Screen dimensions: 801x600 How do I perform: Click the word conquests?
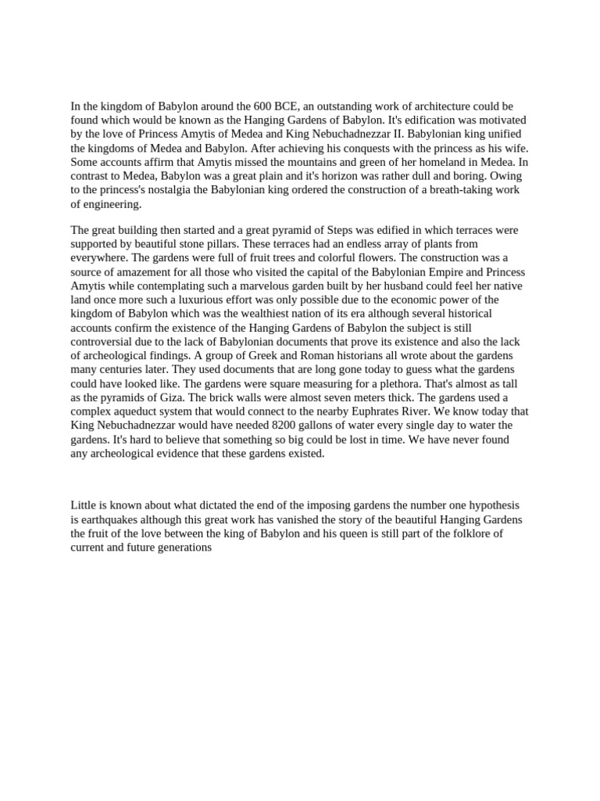[362, 149]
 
